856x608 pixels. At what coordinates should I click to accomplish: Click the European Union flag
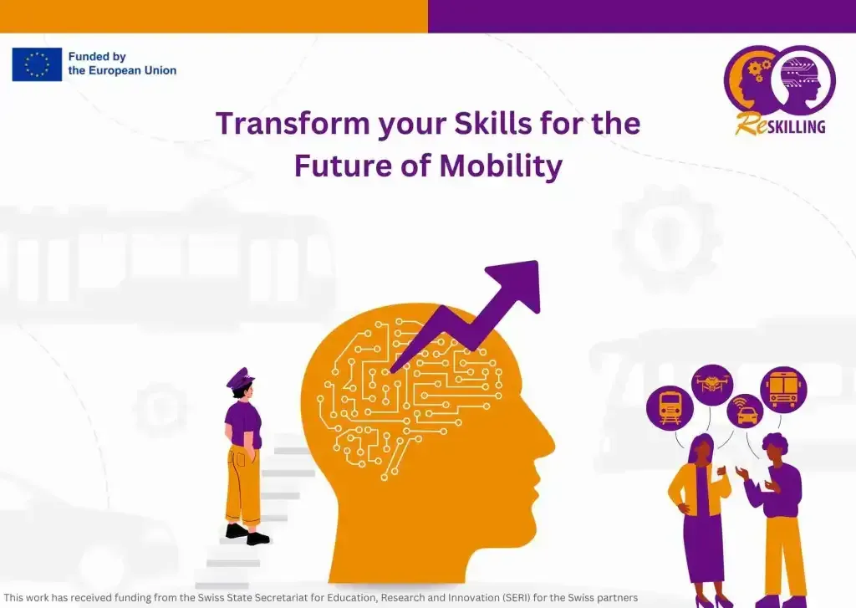click(x=37, y=64)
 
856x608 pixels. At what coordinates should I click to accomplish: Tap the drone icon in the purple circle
click(x=711, y=385)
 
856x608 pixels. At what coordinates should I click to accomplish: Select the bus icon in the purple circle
click(x=783, y=390)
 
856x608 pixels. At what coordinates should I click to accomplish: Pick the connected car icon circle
click(x=745, y=412)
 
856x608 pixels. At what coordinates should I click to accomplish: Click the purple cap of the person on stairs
click(x=240, y=378)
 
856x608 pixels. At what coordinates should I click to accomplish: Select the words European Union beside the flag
click(x=122, y=71)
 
